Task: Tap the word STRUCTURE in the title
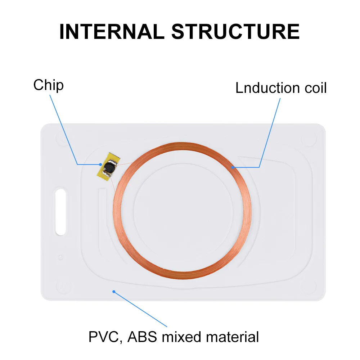pyautogui.click(x=235, y=32)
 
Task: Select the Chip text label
pyautogui.click(x=48, y=85)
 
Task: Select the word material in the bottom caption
pyautogui.click(x=232, y=337)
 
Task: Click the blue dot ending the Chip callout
pyautogui.click(x=101, y=165)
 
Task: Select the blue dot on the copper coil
pyautogui.click(x=233, y=167)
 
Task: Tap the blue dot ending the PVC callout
pyautogui.click(x=114, y=292)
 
